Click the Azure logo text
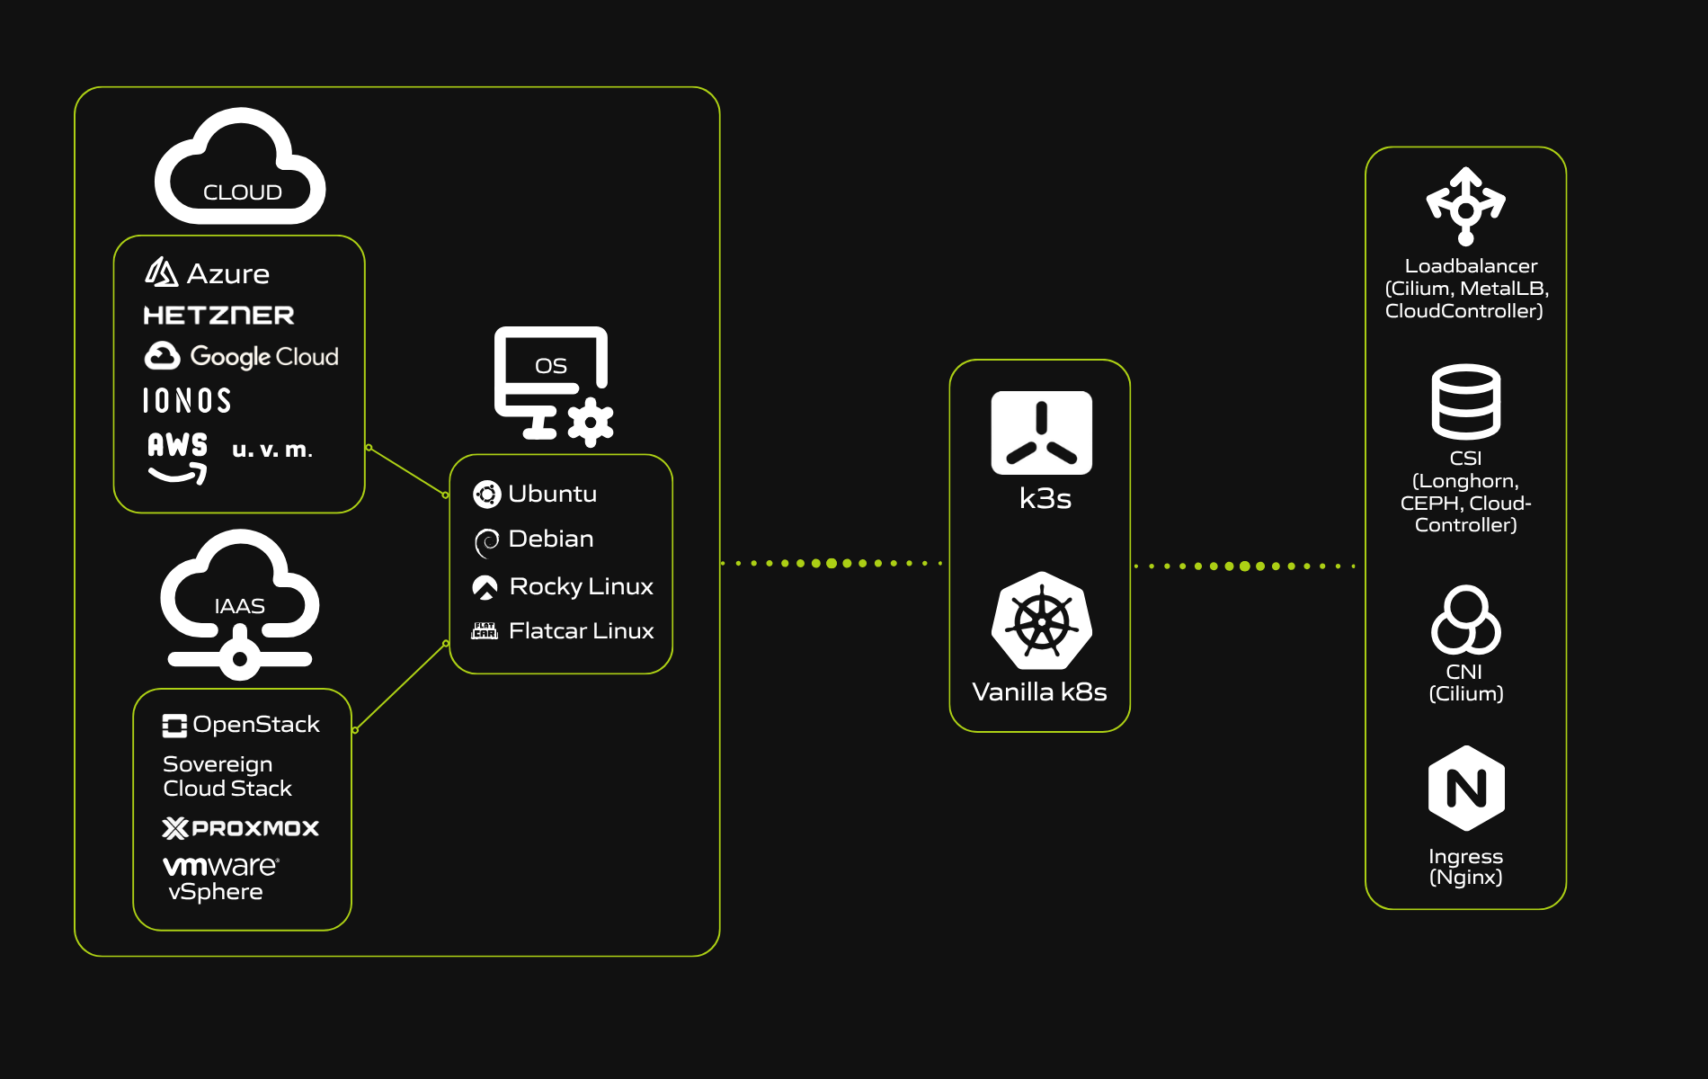(x=227, y=274)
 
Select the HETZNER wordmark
(x=218, y=316)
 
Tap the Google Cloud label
(x=263, y=357)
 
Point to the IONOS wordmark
(x=187, y=401)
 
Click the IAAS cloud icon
(x=239, y=603)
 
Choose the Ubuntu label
(x=552, y=494)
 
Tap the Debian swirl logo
(x=486, y=541)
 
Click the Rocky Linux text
(x=581, y=586)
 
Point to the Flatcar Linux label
(x=581, y=631)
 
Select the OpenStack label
(x=255, y=725)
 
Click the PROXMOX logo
(x=241, y=828)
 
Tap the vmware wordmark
(x=220, y=866)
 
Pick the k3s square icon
(x=1041, y=432)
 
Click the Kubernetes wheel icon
(x=1041, y=621)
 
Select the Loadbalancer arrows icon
(x=1465, y=206)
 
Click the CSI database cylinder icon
(x=1465, y=401)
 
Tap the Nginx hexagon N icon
(x=1466, y=789)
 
